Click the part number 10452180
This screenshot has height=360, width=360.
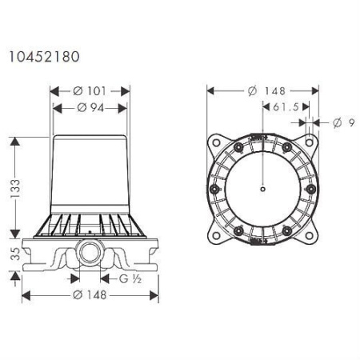[45, 57]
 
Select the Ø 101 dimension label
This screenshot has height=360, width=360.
[90, 91]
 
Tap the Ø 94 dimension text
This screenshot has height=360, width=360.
[90, 108]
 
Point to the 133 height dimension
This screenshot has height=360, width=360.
[15, 189]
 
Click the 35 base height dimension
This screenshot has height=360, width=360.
[15, 254]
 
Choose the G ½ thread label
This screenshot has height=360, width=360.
[130, 279]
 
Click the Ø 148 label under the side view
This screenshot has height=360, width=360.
[90, 295]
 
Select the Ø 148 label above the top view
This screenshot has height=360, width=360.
[266, 91]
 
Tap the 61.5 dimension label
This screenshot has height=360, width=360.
[286, 107]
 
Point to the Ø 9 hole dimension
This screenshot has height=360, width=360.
[344, 123]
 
